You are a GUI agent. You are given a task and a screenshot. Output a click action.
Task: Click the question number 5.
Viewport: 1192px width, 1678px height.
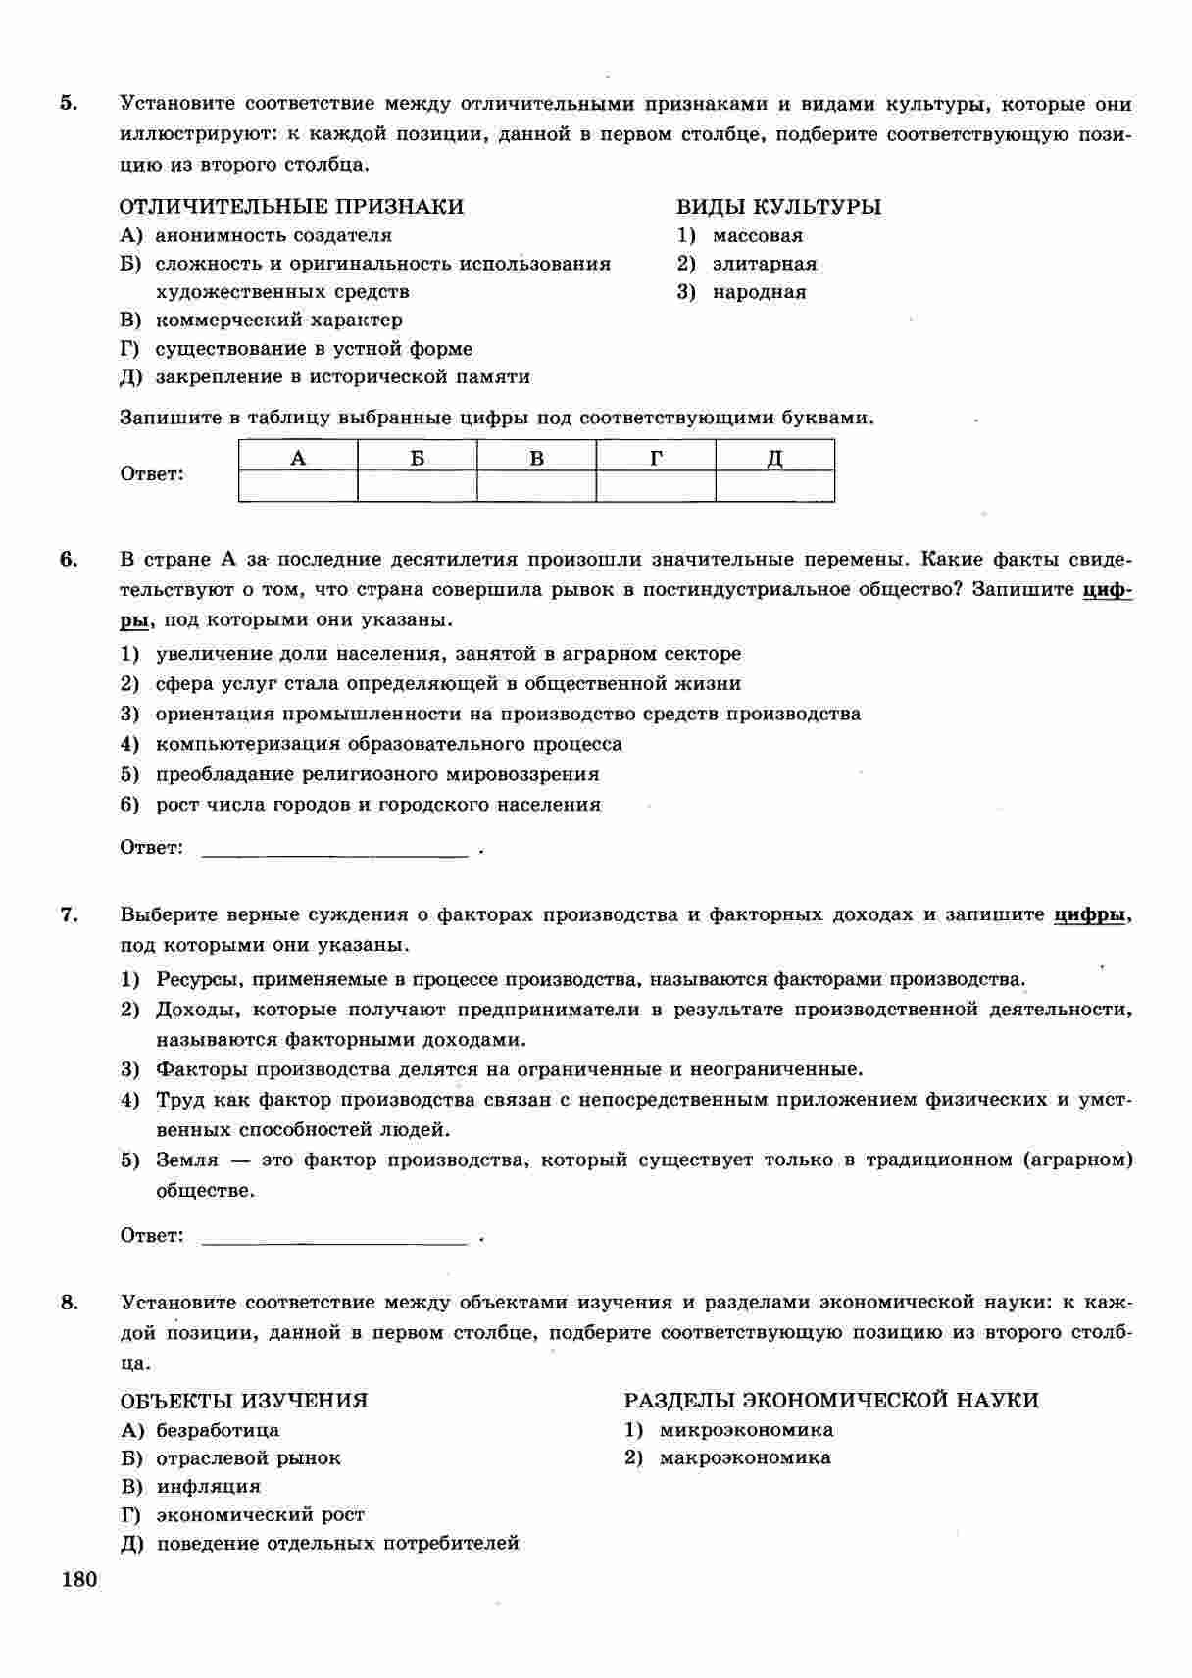tap(68, 104)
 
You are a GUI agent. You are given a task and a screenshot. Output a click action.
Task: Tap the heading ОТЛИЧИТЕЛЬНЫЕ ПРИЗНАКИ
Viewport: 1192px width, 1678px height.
tap(291, 207)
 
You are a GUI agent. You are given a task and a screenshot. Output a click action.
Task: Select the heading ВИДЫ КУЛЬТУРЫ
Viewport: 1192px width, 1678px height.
tap(778, 207)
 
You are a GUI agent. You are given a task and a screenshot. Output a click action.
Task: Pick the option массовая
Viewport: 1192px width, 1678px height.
tap(757, 235)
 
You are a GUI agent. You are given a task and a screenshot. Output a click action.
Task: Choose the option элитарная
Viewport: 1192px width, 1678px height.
tap(764, 264)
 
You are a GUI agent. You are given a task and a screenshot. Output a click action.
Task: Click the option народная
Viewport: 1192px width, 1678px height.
tap(759, 292)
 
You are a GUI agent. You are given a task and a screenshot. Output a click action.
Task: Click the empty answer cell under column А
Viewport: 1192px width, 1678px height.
tap(298, 486)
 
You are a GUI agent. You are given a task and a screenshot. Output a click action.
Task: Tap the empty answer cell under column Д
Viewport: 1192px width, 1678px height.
tap(774, 486)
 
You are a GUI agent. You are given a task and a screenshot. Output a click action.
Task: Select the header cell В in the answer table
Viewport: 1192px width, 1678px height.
tap(536, 457)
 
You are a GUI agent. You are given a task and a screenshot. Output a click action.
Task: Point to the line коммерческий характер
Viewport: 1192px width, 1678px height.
tap(278, 321)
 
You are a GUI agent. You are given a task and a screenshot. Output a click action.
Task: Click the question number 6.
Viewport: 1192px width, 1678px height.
tap(68, 560)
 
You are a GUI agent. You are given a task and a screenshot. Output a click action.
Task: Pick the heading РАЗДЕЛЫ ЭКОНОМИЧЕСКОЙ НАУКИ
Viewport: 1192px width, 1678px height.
tap(831, 1401)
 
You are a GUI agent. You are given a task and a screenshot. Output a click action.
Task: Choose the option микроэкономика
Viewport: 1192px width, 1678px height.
tap(746, 1430)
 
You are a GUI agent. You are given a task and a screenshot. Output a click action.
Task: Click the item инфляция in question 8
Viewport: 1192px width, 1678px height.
tap(208, 1487)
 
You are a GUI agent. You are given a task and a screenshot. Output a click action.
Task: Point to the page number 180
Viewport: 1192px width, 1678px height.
tap(79, 1580)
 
